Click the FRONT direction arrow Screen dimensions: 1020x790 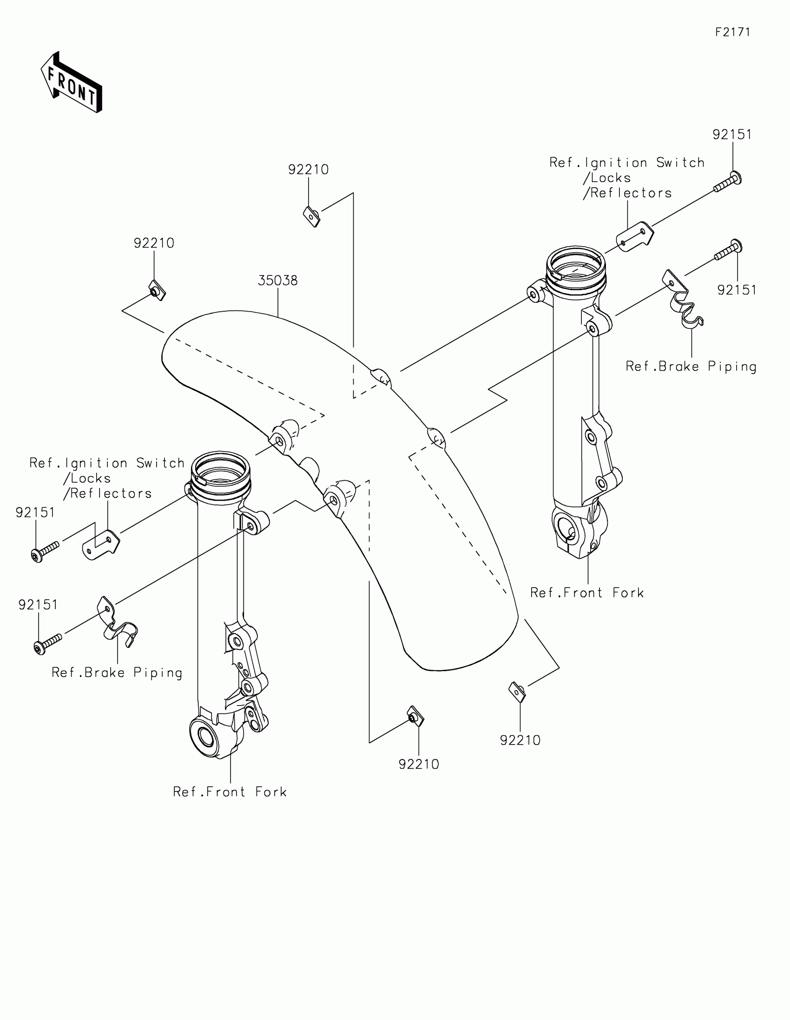[x=72, y=83]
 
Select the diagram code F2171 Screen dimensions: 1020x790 [x=732, y=32]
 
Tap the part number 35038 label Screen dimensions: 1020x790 [x=277, y=281]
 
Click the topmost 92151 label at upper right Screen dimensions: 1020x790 [x=732, y=135]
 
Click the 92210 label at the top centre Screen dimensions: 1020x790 [x=309, y=170]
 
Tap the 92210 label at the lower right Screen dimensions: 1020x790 [x=520, y=740]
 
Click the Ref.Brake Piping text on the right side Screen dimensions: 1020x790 [x=691, y=366]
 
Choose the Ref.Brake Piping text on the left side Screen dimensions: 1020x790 [x=117, y=673]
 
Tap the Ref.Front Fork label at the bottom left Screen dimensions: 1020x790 [x=230, y=791]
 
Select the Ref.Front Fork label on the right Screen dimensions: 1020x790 [x=587, y=593]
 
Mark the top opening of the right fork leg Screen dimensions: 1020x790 [x=576, y=263]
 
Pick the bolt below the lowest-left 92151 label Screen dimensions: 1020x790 [x=48, y=644]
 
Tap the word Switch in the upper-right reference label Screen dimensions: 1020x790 [x=680, y=163]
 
